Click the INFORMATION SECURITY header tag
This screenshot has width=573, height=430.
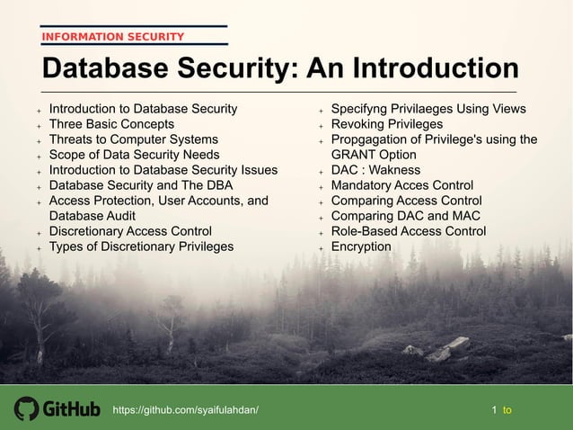pos(112,37)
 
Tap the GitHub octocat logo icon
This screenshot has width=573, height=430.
pos(26,409)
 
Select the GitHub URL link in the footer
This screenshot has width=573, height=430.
pos(185,410)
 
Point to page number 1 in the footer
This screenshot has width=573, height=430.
pos(495,410)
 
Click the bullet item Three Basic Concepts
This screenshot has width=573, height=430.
pos(111,124)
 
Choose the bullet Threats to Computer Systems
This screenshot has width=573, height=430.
pos(133,139)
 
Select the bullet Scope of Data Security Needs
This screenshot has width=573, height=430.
pos(134,155)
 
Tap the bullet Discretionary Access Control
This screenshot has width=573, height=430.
pos(130,231)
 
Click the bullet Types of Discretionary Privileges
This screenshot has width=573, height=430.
pos(141,246)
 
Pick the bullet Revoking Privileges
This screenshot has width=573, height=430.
pos(386,124)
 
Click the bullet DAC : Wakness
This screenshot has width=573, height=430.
pos(375,170)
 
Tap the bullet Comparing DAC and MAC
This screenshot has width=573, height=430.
pos(405,216)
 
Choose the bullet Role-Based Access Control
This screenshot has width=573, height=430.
pos(408,231)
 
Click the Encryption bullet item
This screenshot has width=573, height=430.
pos(361,246)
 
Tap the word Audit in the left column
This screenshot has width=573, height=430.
pos(118,216)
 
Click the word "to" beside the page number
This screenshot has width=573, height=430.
pos(507,410)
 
